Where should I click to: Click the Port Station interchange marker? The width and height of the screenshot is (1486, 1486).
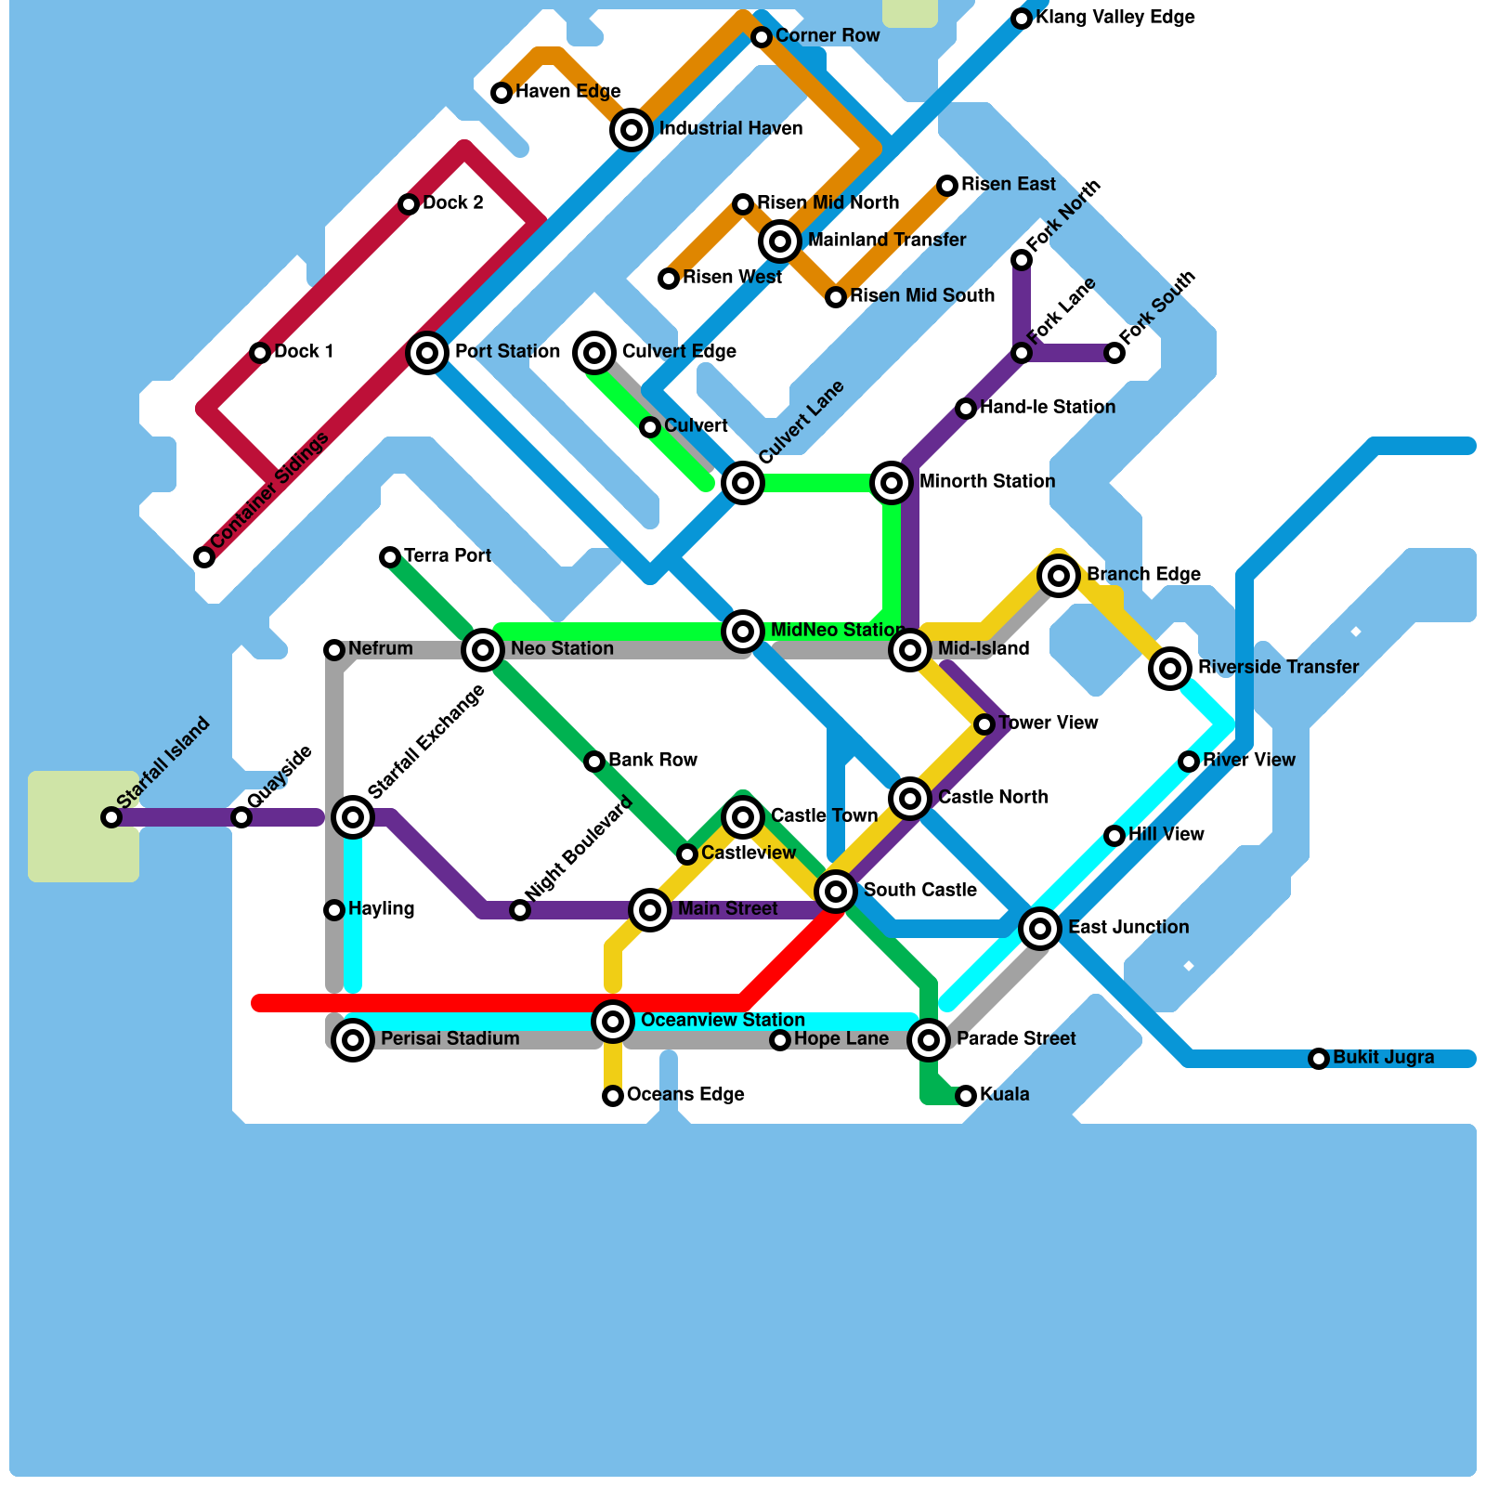tap(427, 353)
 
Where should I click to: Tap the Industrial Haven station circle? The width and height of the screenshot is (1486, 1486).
tap(632, 130)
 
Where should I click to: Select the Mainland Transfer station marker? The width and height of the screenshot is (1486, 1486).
tap(780, 241)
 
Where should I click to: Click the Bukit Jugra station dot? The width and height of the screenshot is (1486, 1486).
tap(1319, 1059)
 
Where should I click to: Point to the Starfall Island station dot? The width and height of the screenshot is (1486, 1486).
tap(111, 817)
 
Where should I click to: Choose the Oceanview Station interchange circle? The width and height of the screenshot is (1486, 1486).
tap(613, 1022)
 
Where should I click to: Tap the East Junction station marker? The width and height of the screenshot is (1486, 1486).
tap(1040, 928)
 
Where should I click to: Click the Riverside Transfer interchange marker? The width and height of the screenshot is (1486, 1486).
tap(1170, 668)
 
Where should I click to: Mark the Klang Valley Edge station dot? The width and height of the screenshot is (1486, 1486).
tap(1022, 19)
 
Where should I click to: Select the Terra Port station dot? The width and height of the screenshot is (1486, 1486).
tap(390, 557)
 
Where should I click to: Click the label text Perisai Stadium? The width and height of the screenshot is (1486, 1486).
tap(450, 1038)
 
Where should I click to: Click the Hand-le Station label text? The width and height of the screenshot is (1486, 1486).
tap(1047, 407)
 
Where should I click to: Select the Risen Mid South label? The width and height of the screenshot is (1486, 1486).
tap(921, 295)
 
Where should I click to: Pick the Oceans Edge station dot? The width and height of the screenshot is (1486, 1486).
tap(613, 1096)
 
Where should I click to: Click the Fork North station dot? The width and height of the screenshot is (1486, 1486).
tap(1022, 260)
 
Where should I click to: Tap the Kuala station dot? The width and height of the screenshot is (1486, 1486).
tap(966, 1096)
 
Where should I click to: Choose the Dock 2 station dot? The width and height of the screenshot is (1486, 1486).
tap(409, 204)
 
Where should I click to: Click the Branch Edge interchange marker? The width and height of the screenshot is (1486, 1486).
tap(1059, 576)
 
